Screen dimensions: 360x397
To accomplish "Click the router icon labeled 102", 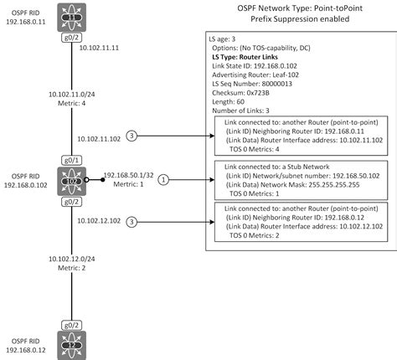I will pos(71,178).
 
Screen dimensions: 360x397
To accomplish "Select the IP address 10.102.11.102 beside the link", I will pos(99,138).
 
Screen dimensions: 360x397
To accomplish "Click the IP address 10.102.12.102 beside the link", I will pos(99,221).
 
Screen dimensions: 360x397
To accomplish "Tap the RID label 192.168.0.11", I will pos(23,23).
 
